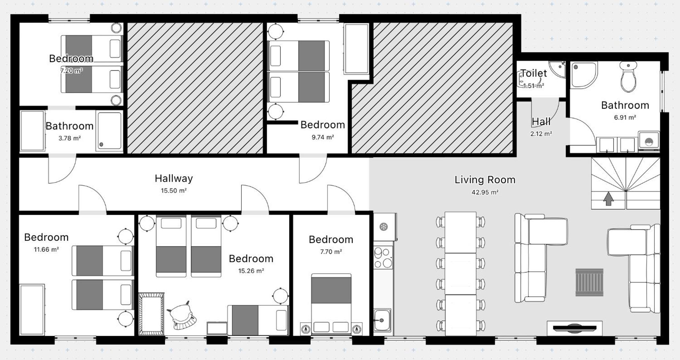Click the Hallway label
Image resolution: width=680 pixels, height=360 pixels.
coord(174,178)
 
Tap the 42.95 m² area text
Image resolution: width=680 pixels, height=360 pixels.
coord(485,192)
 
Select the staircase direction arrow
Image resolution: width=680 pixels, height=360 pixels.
coord(608,199)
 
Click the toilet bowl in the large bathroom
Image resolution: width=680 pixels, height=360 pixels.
coord(628,77)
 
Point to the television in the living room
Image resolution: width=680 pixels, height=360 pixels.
coord(574,328)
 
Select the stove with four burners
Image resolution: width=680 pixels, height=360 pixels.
coord(383,258)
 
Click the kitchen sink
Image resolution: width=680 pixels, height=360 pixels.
coord(382,320)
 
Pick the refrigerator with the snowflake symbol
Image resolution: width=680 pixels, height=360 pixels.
coord(385,227)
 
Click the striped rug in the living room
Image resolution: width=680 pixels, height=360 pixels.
coord(589,282)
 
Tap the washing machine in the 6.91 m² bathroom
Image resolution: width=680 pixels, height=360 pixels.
coord(649,141)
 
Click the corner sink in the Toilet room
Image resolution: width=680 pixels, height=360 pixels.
coord(558,69)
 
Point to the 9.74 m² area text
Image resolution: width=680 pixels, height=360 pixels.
coord(323,137)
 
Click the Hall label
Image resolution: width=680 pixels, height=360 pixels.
coord(541,122)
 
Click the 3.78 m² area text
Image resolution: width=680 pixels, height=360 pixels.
coord(69,138)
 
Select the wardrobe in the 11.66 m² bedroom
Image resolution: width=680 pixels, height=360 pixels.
coord(32,310)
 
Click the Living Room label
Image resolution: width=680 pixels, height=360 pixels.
coord(485,180)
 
